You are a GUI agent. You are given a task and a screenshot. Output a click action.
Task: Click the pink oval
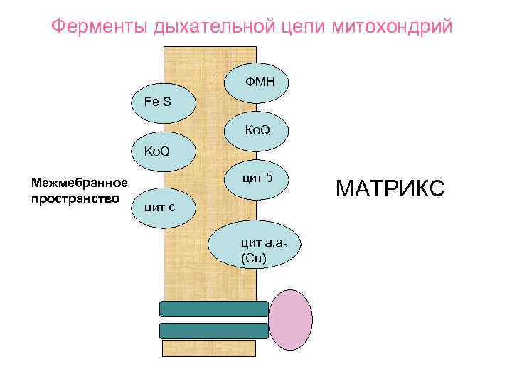pos(290,319)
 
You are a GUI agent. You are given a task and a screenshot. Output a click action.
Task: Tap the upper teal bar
pos(214,309)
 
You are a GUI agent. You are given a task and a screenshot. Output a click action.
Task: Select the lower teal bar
pos(214,331)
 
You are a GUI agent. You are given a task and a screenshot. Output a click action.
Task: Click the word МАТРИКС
pos(390,188)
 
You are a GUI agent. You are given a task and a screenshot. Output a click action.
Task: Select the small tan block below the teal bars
pos(214,348)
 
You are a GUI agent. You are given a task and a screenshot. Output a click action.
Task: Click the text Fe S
pos(157,101)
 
